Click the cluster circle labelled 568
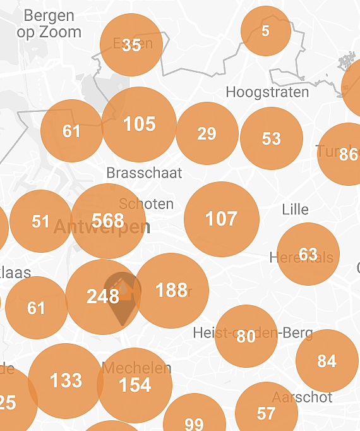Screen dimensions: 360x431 (x=108, y=221)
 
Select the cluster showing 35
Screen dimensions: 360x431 (x=131, y=45)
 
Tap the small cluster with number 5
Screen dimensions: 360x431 (x=266, y=31)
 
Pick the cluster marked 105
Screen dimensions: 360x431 (x=139, y=124)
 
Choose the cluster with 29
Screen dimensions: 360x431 (x=207, y=133)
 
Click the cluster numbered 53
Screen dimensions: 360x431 (x=272, y=138)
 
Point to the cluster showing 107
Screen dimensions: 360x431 (x=222, y=219)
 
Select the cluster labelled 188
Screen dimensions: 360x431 (x=171, y=290)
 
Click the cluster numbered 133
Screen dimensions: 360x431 (x=66, y=380)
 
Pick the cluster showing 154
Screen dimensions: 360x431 (x=135, y=385)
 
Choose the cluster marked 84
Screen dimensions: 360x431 (x=327, y=361)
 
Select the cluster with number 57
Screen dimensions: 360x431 (x=267, y=413)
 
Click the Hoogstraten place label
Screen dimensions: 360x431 (x=268, y=92)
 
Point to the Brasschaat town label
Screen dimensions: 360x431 (x=144, y=173)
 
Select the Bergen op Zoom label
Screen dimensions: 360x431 (x=49, y=24)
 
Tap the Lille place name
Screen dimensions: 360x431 (x=296, y=209)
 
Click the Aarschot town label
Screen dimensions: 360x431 (x=302, y=398)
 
